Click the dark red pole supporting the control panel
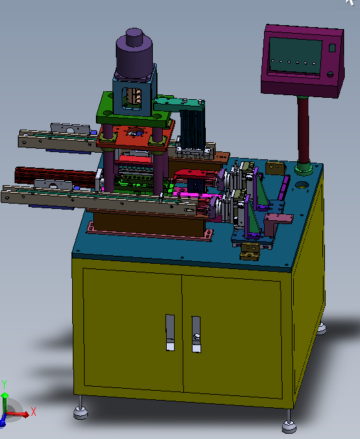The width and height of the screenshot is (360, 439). coord(304,132)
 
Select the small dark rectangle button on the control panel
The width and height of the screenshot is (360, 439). coord(332,48)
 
